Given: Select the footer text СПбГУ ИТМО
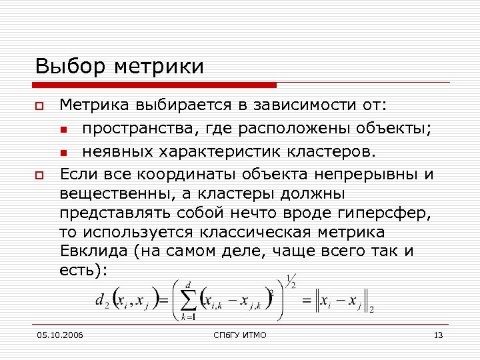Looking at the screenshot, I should pos(241,335).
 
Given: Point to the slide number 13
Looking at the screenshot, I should pos(438,335).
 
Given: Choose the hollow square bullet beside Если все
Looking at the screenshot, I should pos(40,175).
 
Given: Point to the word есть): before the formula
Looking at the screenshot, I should pos(83,270).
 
